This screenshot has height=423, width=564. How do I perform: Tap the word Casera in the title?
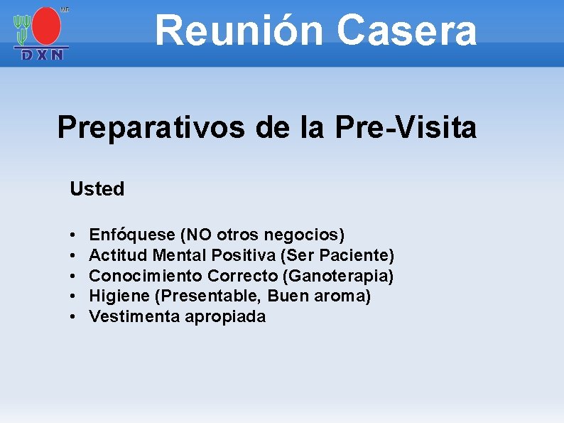point(406,30)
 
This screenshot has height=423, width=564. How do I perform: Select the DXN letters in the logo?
point(43,55)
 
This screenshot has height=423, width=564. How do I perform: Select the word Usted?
point(97,189)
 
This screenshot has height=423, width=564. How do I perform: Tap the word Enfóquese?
point(132,235)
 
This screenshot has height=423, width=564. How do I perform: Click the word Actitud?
point(119,255)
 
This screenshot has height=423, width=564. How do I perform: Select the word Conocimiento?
point(146,275)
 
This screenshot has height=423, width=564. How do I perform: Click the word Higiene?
point(116,296)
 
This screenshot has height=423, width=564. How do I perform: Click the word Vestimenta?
point(134,316)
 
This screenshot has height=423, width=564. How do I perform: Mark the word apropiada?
point(225,317)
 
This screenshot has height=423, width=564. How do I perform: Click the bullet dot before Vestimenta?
point(74,317)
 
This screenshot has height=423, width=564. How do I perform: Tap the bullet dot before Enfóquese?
point(74,235)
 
